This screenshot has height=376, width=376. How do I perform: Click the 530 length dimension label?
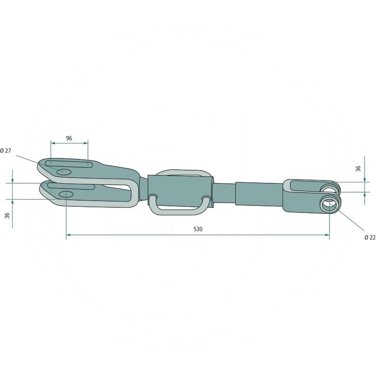click(x=197, y=229)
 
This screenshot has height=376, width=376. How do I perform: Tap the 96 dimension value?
click(x=69, y=138)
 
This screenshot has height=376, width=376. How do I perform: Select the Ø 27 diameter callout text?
click(x=6, y=150)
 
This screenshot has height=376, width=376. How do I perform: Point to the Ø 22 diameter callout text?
click(x=370, y=238)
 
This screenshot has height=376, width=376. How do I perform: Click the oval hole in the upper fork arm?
click(x=63, y=172)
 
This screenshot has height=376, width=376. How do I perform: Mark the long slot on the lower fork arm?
click(x=70, y=187)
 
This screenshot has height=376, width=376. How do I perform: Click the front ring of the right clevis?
click(x=330, y=205)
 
